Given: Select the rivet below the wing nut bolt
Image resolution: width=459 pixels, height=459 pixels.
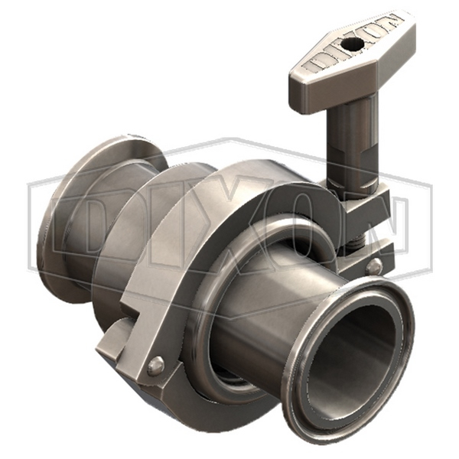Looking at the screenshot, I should tap(373, 267).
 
